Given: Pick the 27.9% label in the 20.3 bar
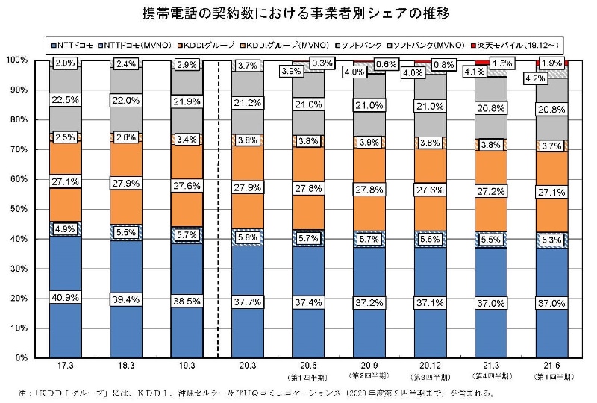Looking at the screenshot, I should tap(246, 186).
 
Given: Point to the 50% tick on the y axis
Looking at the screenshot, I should tap(18, 209).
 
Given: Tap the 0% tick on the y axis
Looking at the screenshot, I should tap(21, 357).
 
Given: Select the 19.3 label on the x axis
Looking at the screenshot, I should tap(186, 368).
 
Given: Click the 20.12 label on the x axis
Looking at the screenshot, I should tap(428, 368).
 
